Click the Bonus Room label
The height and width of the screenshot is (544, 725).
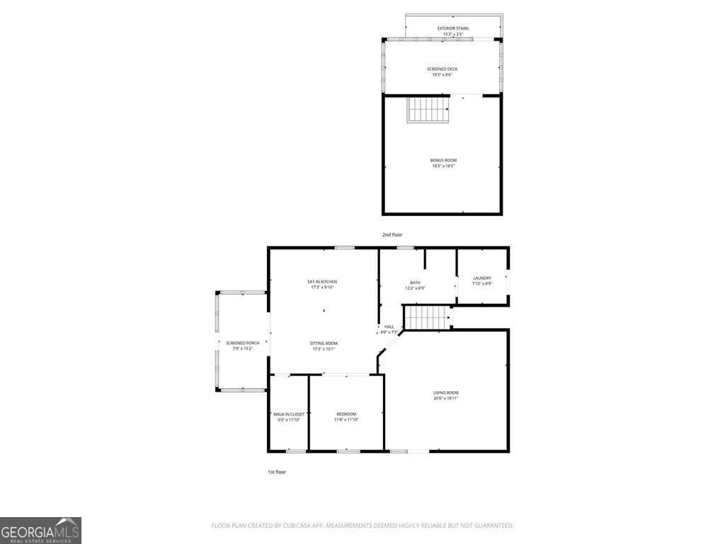[x=443, y=161]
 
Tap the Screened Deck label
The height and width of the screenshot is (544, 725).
[x=442, y=69]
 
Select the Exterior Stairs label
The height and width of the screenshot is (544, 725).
[x=452, y=28]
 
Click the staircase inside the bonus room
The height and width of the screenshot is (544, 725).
[x=428, y=110]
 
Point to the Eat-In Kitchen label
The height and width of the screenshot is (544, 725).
[x=322, y=281]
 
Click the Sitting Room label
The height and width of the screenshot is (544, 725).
[x=324, y=343]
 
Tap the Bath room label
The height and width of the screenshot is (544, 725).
[x=415, y=282]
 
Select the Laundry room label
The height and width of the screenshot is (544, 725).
[x=482, y=278]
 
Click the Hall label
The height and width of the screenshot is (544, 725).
[x=389, y=327]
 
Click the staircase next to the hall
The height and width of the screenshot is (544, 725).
[x=427, y=318]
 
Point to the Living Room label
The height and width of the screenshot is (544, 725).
[x=446, y=392]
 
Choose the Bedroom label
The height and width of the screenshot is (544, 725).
[x=346, y=414]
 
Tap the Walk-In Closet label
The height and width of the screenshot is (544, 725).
[x=288, y=414]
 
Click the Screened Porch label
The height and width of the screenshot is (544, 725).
[x=239, y=343]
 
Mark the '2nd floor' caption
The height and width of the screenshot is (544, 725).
[x=392, y=234]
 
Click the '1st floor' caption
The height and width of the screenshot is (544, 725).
[x=276, y=472]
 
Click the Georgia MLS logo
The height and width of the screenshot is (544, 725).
[x=40, y=531]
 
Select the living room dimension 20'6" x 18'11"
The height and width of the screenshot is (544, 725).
[x=446, y=398]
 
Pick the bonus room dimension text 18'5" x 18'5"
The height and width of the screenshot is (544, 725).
[x=443, y=166]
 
